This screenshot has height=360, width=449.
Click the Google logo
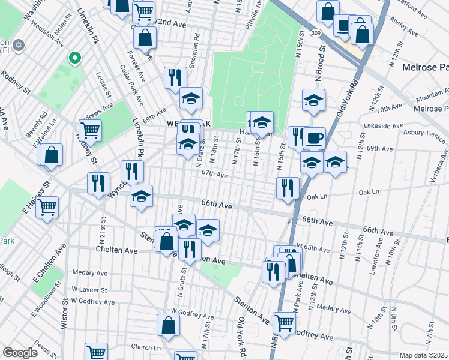pyautogui.click(x=20, y=353)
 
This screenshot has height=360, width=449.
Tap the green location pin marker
pyautogui.click(x=74, y=58)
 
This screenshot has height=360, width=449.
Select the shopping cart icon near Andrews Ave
pyautogui.click(x=90, y=129)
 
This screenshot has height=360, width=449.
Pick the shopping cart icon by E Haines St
pyautogui.click(x=47, y=208)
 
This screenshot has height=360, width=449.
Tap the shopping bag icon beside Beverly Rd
pyautogui.click(x=52, y=154)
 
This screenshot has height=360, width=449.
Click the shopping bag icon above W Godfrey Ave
pyautogui.click(x=169, y=325)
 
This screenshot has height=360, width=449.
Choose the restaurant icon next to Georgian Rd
pyautogui.click(x=175, y=77)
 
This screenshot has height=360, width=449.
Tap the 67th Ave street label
pyautogui.click(x=214, y=175)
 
